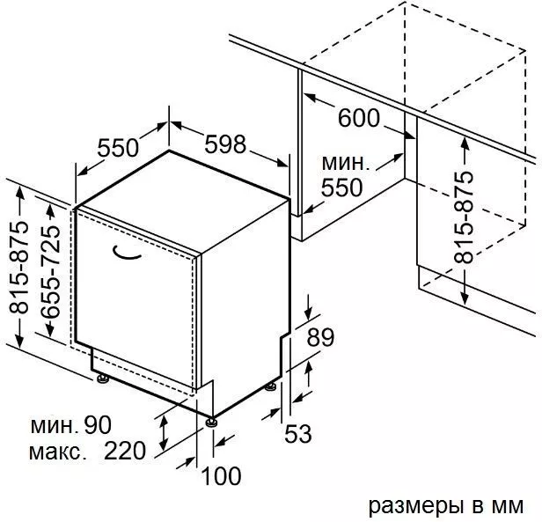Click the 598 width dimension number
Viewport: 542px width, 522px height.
(225, 143)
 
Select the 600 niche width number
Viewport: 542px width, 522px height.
(358, 118)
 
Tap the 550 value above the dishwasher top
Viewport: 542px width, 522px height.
(118, 148)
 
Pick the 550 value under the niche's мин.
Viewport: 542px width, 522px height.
(342, 187)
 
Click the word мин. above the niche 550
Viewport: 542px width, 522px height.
(345, 163)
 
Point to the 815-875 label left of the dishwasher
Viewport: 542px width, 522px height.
(18, 268)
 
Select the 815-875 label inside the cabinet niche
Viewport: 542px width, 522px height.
(463, 217)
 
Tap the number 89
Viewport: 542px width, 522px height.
(320, 337)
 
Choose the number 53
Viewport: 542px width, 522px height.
(298, 433)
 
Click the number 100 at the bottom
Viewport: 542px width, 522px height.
(221, 476)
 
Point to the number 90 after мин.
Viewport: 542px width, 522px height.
(98, 425)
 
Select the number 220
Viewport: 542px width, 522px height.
(125, 450)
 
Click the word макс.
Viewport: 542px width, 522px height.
(57, 452)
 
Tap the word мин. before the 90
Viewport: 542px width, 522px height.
(55, 427)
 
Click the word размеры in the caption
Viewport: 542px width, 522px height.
(416, 508)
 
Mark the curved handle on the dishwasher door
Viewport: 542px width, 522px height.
(127, 253)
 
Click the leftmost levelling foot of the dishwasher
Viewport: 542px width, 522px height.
(103, 379)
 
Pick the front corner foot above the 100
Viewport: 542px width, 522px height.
(211, 422)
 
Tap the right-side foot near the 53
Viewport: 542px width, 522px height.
(271, 386)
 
